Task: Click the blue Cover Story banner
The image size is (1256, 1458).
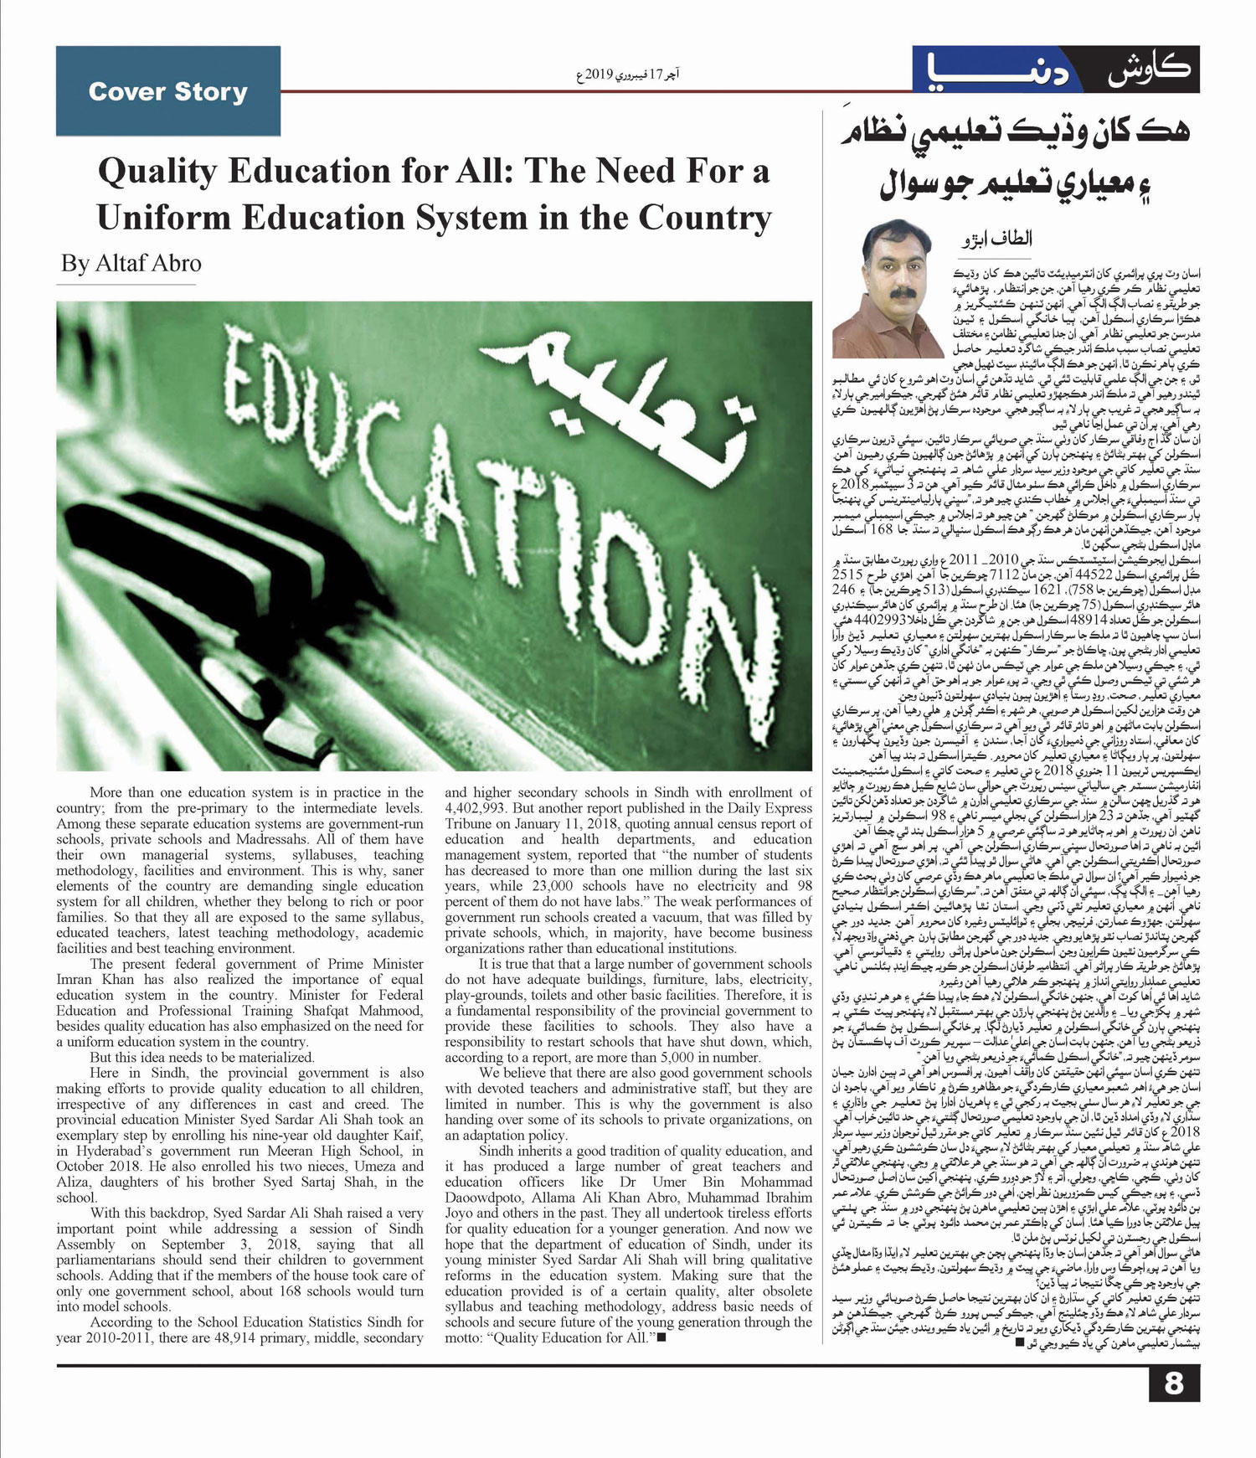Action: pyautogui.click(x=168, y=91)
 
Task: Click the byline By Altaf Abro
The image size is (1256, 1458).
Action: pyautogui.click(x=131, y=263)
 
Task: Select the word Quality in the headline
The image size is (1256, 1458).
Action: pyautogui.click(x=157, y=172)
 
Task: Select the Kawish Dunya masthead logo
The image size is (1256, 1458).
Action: pyautogui.click(x=1056, y=70)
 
